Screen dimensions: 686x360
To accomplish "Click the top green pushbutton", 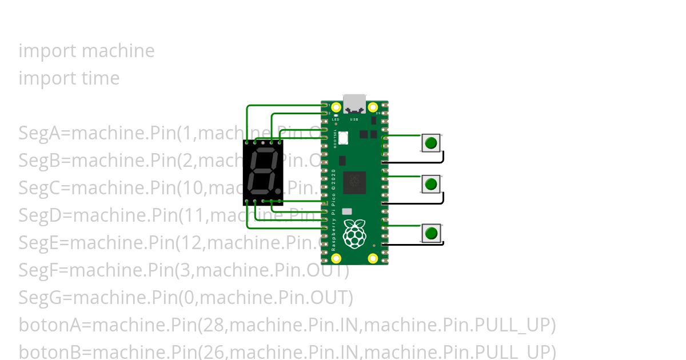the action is tap(432, 142).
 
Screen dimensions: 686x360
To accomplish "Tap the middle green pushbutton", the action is tap(432, 184).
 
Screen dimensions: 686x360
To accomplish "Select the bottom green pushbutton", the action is tap(432, 233).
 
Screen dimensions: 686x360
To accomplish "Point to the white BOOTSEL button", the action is tap(343, 138).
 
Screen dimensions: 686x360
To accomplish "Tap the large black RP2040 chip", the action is tap(354, 183).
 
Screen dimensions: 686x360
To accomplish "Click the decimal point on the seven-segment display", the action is tap(278, 190).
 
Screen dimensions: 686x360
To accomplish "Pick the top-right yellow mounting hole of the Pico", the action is tap(373, 107).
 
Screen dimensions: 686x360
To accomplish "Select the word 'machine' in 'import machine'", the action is tap(118, 51).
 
